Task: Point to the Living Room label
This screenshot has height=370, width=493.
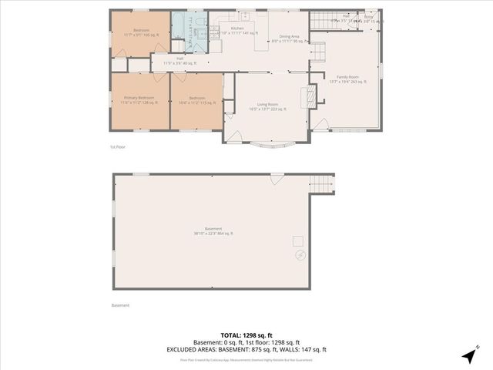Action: pos(267,106)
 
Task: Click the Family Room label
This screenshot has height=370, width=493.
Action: pos(344,79)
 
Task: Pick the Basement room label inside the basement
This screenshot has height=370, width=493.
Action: pos(213,230)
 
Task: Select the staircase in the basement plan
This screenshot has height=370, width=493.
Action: pos(322,184)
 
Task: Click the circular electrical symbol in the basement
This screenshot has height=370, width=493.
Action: pos(301,255)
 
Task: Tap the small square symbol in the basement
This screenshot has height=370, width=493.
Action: pos(297,241)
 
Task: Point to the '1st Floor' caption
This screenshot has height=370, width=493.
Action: pos(117,146)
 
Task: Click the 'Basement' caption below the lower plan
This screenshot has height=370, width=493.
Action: pos(120,305)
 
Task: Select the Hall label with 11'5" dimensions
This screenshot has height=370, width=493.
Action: pos(179,60)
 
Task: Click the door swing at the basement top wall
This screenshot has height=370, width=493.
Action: pos(277,178)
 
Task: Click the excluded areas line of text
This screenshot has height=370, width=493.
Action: pos(243,348)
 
